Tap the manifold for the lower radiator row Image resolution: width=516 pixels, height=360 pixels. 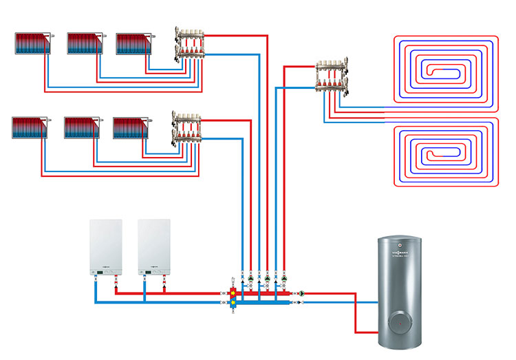pos(186,127)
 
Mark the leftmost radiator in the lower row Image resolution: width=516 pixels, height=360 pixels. pos(30,127)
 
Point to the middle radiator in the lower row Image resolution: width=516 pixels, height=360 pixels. pos(81,127)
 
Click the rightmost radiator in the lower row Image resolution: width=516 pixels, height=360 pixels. pos(130,127)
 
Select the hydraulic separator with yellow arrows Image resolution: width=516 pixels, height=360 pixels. pos(233,295)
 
